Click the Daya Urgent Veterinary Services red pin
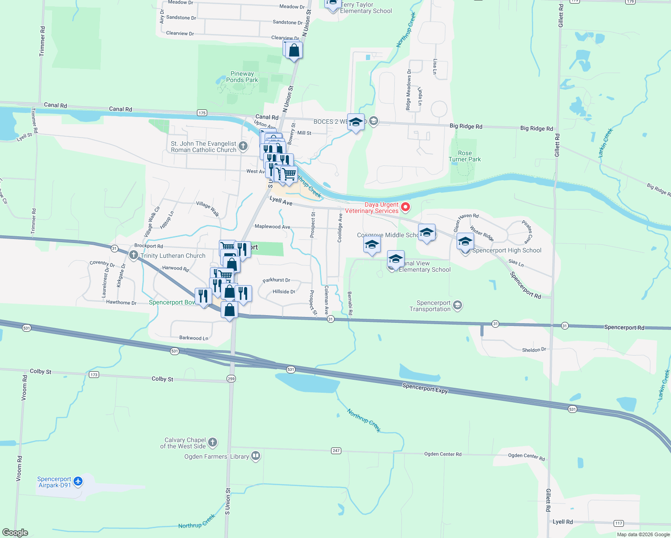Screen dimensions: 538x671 click(405, 207)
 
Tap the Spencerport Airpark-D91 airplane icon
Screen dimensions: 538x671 click(78, 482)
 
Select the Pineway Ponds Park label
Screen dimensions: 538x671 click(242, 77)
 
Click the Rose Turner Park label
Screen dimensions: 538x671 click(465, 156)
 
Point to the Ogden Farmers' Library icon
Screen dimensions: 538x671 click(256, 456)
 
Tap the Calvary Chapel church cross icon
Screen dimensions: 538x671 click(213, 443)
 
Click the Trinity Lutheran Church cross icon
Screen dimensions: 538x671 click(133, 255)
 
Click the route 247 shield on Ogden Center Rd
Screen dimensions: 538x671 click(336, 451)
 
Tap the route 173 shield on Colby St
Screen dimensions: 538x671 click(94, 374)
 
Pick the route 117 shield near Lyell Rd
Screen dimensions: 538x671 click(619, 523)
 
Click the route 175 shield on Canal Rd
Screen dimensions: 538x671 click(202, 113)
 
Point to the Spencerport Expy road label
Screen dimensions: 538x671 click(425, 388)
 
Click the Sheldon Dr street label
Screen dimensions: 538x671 click(534, 350)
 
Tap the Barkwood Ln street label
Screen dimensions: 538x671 click(194, 338)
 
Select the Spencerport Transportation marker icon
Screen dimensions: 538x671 click(457, 305)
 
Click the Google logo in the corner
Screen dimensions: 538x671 click(15, 533)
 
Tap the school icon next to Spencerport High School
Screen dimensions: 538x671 click(465, 243)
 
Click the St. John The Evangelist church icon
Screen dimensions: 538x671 click(243, 146)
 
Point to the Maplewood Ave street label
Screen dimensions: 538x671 click(272, 226)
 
